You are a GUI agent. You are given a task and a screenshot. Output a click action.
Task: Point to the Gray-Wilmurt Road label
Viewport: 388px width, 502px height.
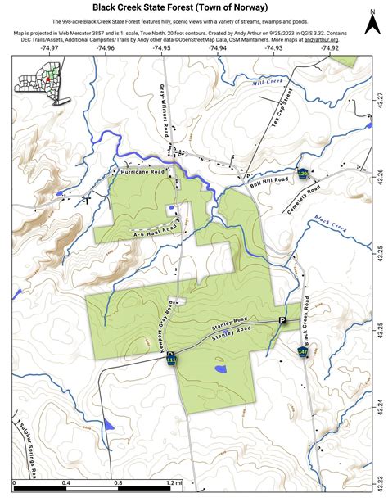coord(168,111)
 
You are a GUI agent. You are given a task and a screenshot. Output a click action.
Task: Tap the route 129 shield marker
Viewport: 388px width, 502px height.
coord(302,174)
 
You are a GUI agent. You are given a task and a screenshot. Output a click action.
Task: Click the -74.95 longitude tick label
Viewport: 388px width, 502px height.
coord(161,48)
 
